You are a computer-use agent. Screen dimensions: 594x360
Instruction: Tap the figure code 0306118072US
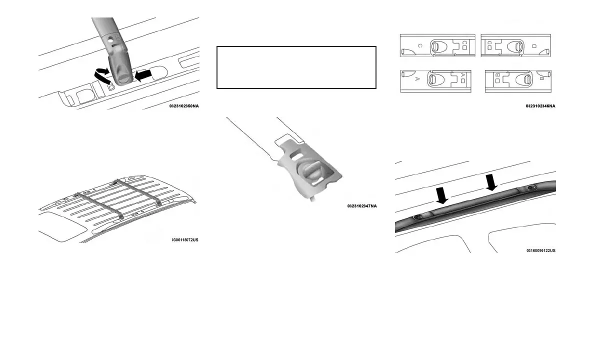tap(184, 240)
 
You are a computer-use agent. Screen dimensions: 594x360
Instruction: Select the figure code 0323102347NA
tap(362, 206)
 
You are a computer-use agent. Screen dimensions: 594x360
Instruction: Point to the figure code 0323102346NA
tap(540, 106)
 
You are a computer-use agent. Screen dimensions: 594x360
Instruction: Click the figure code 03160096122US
tap(540, 250)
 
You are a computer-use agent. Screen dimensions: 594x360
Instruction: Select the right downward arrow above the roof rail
tap(492, 182)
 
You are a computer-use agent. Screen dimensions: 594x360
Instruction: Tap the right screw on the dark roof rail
tap(531, 188)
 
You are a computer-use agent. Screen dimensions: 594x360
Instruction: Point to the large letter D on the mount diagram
tap(534, 46)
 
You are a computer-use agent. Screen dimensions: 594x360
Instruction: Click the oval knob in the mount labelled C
tap(435, 46)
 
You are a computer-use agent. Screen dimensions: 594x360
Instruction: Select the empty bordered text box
tap(296, 67)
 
